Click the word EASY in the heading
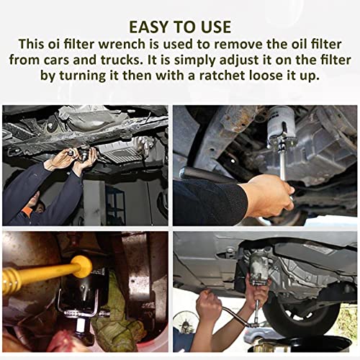149,27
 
